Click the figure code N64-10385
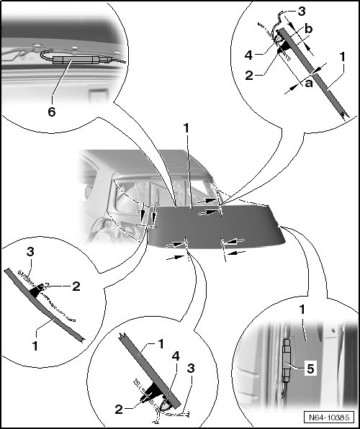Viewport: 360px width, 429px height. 329,417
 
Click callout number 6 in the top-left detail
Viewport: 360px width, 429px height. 52,112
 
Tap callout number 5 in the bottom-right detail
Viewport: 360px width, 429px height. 310,369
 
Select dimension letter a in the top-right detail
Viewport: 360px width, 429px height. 309,83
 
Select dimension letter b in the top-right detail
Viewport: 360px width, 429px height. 309,29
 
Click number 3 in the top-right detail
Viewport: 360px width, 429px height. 301,12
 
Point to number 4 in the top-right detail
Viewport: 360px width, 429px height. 248,55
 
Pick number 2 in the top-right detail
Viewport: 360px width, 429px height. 249,76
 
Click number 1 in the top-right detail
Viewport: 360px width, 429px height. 342,57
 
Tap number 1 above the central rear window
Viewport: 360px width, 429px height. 186,128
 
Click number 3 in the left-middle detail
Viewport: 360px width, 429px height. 30,252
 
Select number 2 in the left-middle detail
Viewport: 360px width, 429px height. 76,286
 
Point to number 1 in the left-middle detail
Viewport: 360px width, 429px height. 35,346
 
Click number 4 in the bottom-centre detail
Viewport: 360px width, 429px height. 176,356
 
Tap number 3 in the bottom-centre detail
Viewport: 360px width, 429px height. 191,368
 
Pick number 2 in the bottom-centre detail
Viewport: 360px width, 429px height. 119,410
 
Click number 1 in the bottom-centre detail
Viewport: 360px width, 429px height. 161,344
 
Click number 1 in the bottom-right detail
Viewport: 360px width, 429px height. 302,310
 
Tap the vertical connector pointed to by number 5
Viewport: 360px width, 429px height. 287,361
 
